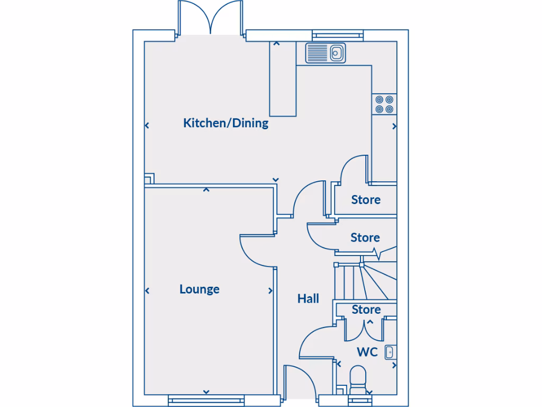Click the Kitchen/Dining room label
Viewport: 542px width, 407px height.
225,123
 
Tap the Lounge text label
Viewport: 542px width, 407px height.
200,289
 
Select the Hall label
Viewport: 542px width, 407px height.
308,299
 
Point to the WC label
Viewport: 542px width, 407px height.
367,352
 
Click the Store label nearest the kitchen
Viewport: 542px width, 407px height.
366,200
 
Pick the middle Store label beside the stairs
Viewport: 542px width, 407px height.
365,238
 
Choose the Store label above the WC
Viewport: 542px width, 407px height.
366,309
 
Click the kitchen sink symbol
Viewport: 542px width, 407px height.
326,53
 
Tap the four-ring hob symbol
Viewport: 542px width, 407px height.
384,104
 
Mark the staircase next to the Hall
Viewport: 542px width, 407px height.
365,281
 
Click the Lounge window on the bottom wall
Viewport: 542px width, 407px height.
206,401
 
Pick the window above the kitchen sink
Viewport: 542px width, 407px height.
338,36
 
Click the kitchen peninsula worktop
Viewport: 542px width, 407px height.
283,79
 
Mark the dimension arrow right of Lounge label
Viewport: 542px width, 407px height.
270,291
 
